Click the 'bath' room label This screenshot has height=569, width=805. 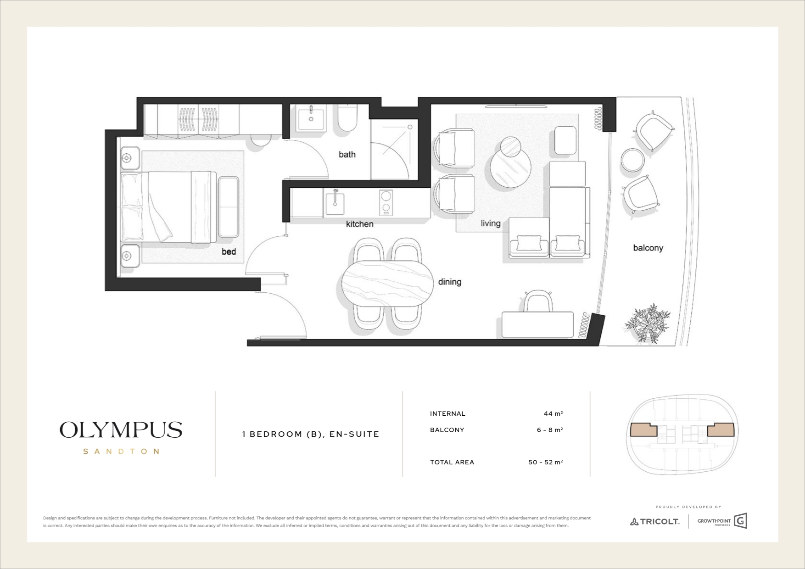point(347,155)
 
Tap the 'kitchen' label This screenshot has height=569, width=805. point(359,224)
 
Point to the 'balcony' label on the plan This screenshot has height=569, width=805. point(648,248)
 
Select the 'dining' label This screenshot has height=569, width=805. point(449,282)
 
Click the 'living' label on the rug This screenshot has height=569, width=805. point(491,223)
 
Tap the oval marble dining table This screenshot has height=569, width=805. point(388,284)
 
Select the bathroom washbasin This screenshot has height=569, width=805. point(311,118)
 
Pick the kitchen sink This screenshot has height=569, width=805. point(335,203)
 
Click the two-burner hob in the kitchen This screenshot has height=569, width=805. point(386,202)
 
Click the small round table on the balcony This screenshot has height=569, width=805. point(633,160)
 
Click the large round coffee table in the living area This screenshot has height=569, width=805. point(510,169)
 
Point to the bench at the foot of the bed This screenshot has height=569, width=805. point(228,207)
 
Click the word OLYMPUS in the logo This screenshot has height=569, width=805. point(121,430)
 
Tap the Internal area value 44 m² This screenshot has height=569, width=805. point(553,413)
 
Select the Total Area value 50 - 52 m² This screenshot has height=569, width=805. point(546,462)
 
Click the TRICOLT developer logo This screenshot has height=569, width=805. point(654,521)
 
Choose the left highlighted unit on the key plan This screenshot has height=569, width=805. point(643,430)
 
